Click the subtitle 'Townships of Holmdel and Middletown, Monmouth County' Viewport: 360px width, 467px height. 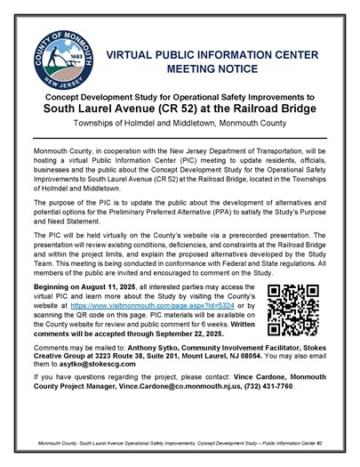[180, 126]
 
